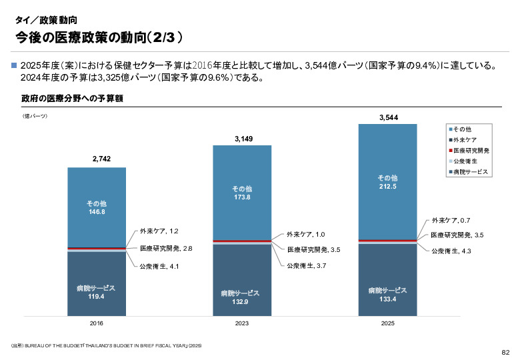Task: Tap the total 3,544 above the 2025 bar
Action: pyautogui.click(x=389, y=117)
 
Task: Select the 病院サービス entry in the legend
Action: pyautogui.click(x=470, y=172)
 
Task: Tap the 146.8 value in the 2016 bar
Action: pyautogui.click(x=97, y=211)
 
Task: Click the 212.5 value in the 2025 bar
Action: pyautogui.click(x=388, y=187)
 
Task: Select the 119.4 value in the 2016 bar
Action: pyautogui.click(x=97, y=296)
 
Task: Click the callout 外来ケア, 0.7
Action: pyautogui.click(x=451, y=220)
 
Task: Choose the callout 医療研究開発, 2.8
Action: pyautogui.click(x=166, y=248)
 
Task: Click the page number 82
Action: pyautogui.click(x=505, y=351)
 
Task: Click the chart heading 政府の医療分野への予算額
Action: pyautogui.click(x=73, y=99)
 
